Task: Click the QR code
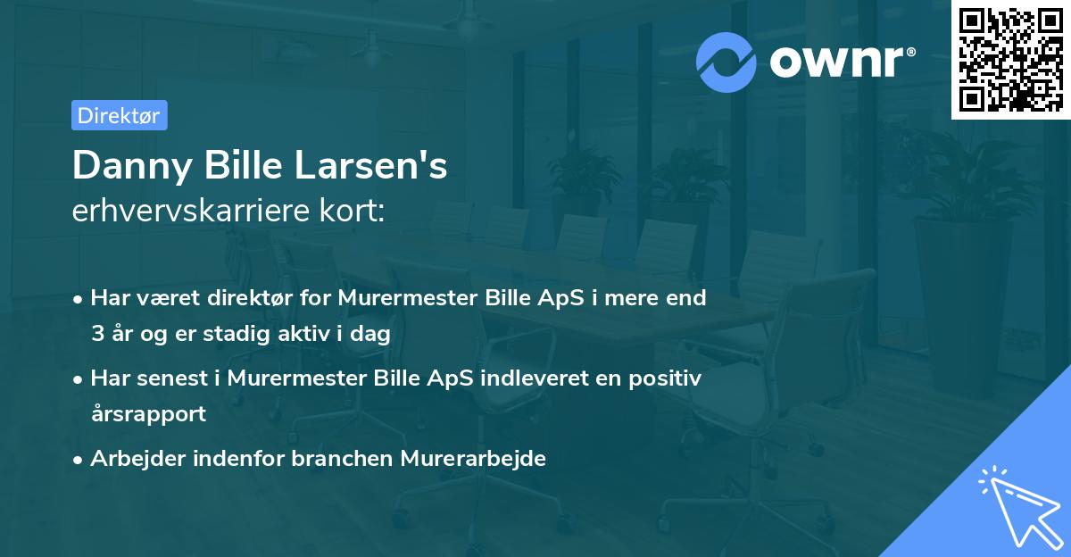click(x=1010, y=60)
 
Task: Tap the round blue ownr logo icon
click(x=726, y=62)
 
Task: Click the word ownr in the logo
click(x=839, y=62)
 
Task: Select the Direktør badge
click(x=119, y=115)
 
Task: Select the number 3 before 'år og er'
click(x=96, y=333)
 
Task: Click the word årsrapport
click(x=148, y=413)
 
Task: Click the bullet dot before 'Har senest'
click(x=79, y=378)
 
